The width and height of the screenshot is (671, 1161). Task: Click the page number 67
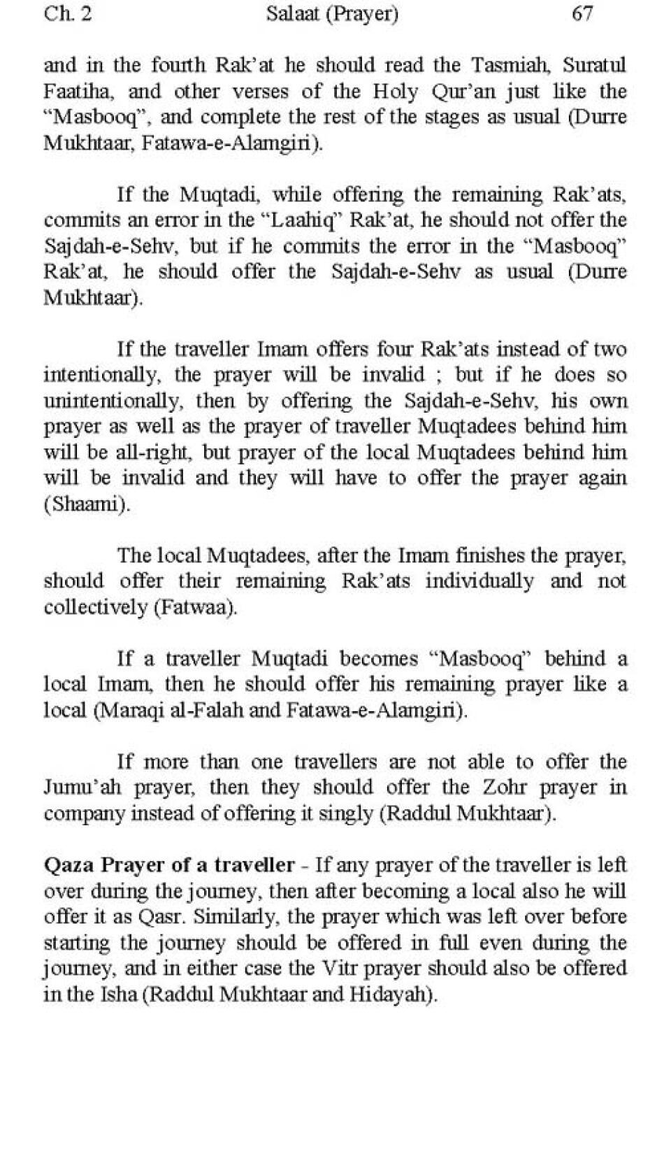click(x=582, y=13)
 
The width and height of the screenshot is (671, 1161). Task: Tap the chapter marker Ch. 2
click(x=67, y=13)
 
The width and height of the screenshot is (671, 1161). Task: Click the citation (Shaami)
click(x=87, y=504)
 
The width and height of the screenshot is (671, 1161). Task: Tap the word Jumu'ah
click(x=83, y=788)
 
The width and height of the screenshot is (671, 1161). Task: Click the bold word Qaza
click(x=68, y=865)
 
